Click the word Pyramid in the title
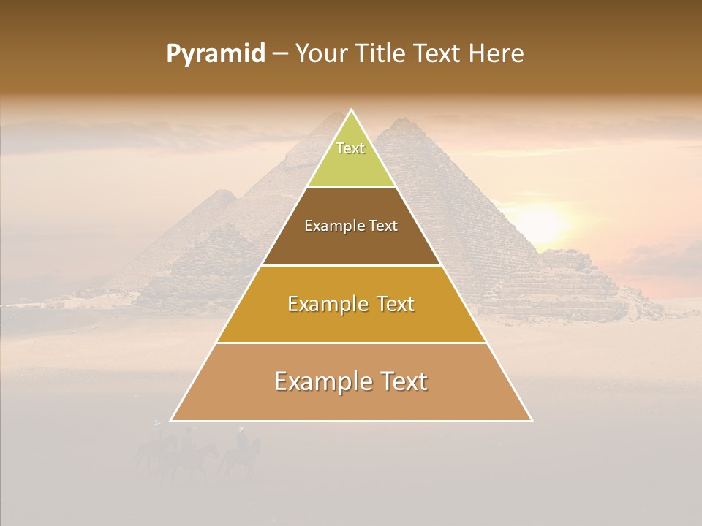coord(216,54)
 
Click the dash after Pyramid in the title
coord(279,55)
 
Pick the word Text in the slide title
coord(437,54)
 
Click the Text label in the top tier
coord(350,148)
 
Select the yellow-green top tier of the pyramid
coord(351,164)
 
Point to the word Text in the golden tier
coord(393,304)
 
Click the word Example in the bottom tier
coord(321,381)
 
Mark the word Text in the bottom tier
coord(401,381)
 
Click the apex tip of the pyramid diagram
coord(351,111)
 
